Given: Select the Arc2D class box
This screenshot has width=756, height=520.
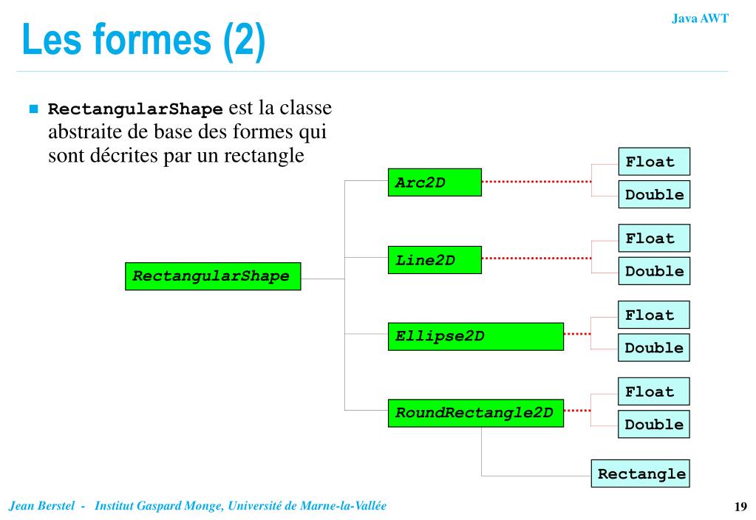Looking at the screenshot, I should [x=434, y=182].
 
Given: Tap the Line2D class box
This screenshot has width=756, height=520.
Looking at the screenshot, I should [x=434, y=260].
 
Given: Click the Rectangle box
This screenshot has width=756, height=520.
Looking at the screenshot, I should [x=641, y=473].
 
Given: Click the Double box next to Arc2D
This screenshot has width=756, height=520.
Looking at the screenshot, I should [x=654, y=194].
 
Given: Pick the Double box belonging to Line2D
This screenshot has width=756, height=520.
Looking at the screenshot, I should [x=654, y=271].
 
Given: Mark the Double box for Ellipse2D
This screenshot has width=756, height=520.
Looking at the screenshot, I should [x=654, y=347].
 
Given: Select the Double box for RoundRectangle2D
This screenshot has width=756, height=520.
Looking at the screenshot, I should [x=654, y=424].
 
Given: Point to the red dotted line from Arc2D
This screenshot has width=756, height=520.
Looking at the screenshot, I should [x=536, y=181].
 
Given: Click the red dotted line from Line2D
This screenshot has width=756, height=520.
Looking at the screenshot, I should [x=536, y=259].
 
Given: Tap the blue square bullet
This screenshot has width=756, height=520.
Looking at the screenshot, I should [x=33, y=109].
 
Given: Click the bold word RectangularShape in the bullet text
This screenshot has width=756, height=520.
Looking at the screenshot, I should [x=135, y=109].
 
